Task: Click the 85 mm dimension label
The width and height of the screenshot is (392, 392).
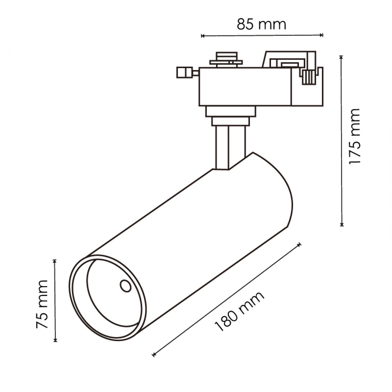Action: [x=262, y=25]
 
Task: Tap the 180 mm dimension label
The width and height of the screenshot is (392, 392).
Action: [x=239, y=312]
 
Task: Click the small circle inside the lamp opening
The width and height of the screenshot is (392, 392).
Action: [x=126, y=286]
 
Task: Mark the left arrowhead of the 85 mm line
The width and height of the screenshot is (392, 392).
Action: [x=202, y=36]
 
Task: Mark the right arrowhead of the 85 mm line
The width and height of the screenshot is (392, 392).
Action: [x=322, y=35]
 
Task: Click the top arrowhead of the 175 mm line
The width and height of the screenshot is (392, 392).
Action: [x=341, y=57]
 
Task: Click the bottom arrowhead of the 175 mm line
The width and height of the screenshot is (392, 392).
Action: [x=342, y=224]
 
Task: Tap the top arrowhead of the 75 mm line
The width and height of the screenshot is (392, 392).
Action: [x=55, y=261]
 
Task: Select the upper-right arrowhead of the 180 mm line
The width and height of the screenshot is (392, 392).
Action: [x=299, y=245]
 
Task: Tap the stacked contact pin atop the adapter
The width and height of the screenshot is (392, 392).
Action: [x=226, y=60]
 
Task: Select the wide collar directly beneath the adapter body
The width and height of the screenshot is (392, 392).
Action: [x=230, y=112]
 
